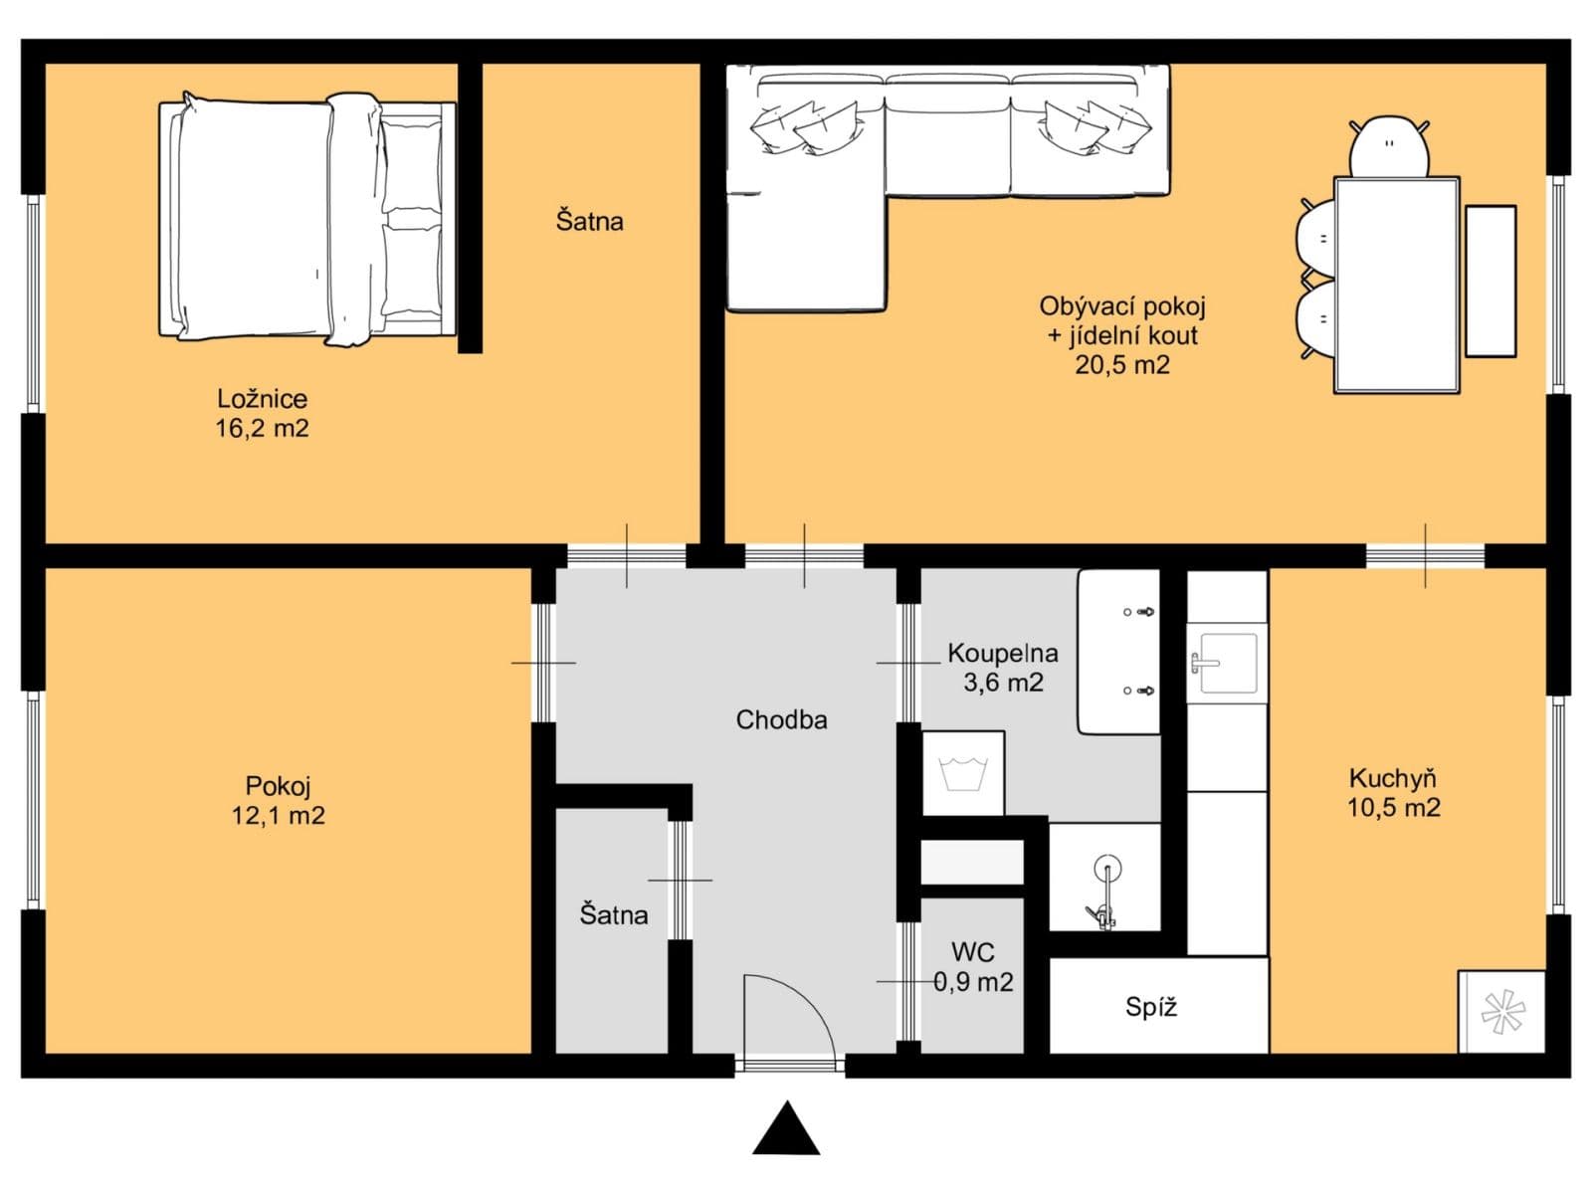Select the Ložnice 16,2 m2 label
tap(263, 414)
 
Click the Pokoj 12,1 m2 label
tap(278, 801)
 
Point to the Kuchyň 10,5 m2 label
tap(1393, 793)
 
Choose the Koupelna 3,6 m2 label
tap(1002, 668)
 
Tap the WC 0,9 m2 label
tap(973, 967)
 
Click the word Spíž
tap(1151, 1007)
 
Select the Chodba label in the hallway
tap(781, 719)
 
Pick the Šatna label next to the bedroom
tap(589, 221)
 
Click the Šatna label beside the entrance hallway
tap(613, 914)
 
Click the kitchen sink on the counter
tap(1226, 662)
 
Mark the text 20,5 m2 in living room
tap(1121, 365)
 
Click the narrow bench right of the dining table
tap(1491, 281)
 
